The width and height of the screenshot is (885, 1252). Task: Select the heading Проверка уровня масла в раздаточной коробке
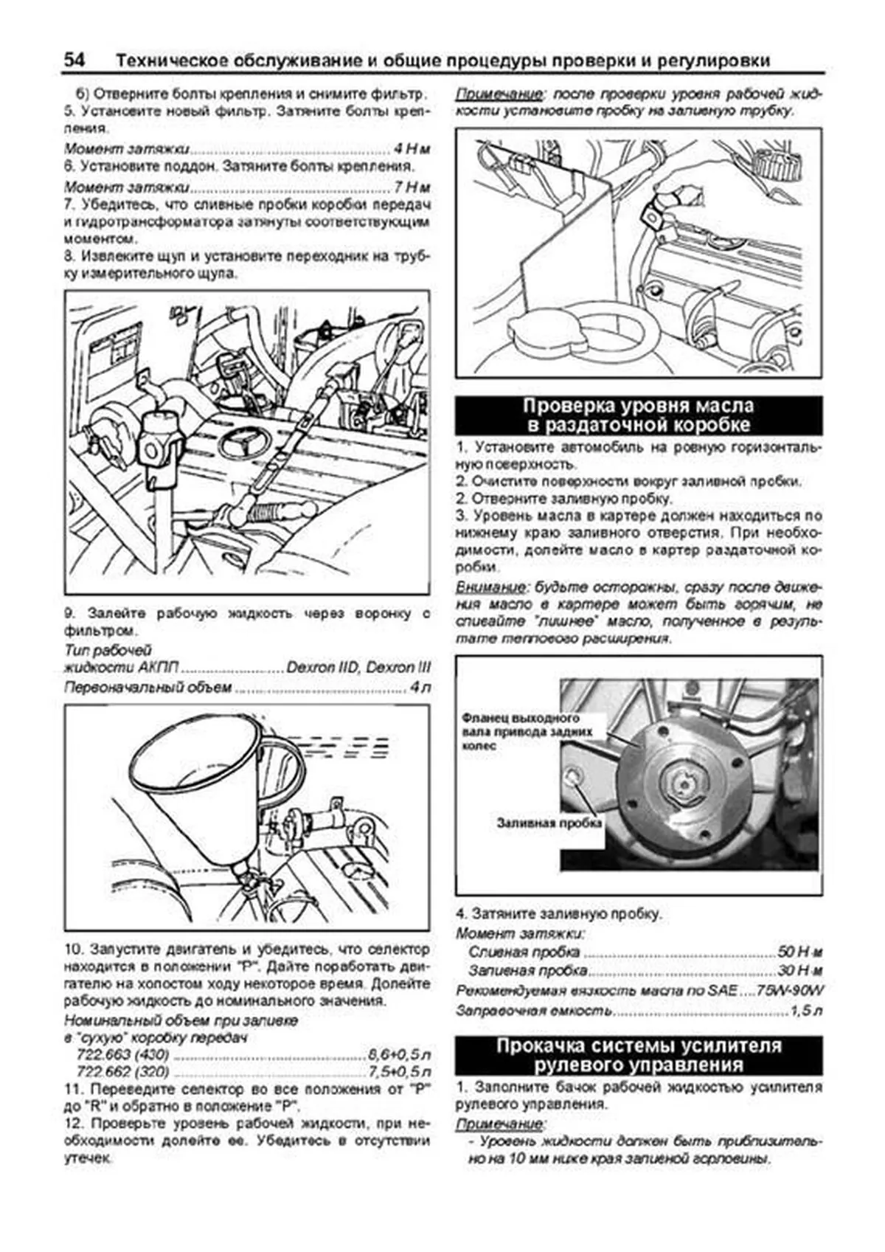(638, 415)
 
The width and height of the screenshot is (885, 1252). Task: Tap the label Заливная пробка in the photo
(549, 823)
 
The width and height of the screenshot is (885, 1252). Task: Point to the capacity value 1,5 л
(805, 1011)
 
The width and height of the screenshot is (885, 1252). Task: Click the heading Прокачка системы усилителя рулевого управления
(638, 1055)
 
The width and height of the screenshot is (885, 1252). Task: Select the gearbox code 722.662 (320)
(122, 1071)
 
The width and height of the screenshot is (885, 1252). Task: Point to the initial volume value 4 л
(420, 688)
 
